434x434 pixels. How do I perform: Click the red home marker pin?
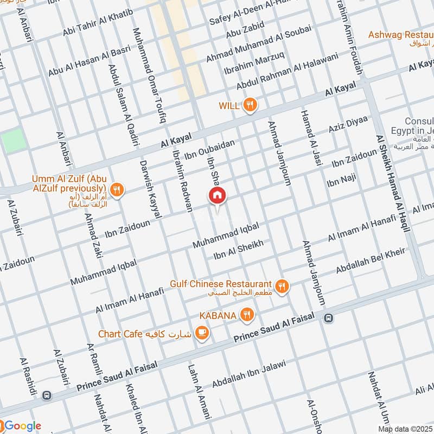click(217, 196)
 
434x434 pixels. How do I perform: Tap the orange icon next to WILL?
click(250, 106)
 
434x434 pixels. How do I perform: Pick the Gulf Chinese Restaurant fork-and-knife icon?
click(281, 286)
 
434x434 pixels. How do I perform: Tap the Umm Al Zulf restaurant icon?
click(116, 190)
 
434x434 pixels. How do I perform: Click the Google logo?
click(21, 425)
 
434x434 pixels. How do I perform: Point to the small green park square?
click(13, 141)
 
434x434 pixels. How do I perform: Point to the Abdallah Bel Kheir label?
click(371, 261)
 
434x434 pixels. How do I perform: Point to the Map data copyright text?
click(405, 429)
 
